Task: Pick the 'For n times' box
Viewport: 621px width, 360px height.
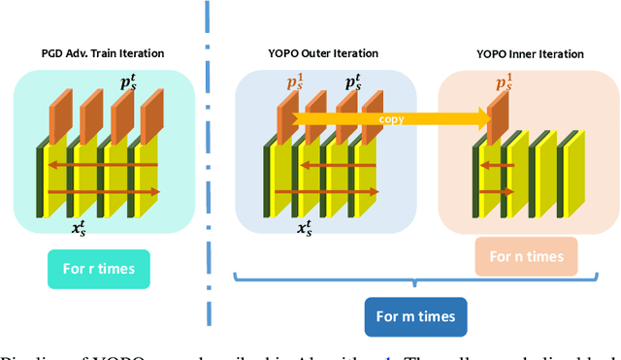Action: click(525, 257)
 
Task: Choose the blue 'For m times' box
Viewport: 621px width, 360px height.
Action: click(415, 315)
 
